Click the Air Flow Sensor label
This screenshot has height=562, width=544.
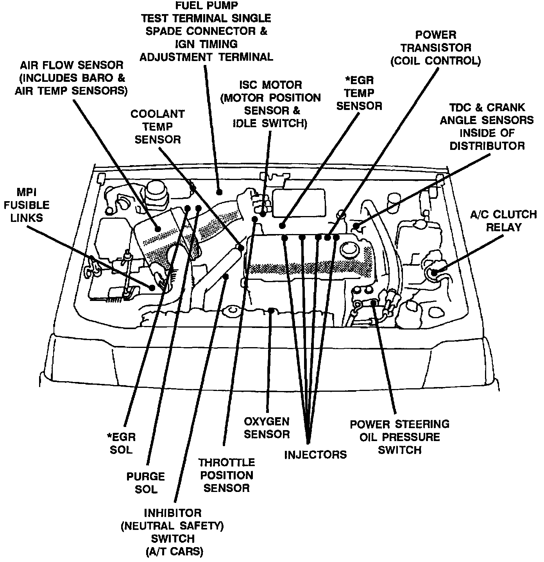pos(71,78)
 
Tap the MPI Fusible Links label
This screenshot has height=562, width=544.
pos(27,205)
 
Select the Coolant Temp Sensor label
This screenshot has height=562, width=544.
pos(157,127)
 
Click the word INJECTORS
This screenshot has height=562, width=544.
pos(315,454)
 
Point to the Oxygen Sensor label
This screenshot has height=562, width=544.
pos(267,428)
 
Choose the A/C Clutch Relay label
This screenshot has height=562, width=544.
pos(503,221)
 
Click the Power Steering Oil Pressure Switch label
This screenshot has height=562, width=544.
pos(399,437)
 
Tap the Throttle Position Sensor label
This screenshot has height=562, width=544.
pos(226,475)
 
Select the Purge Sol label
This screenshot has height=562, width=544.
pos(146,483)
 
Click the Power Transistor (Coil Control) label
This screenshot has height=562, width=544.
pos(435,48)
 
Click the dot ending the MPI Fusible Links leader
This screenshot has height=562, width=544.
pos(152,288)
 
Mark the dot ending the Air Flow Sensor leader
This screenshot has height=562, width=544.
pos(157,229)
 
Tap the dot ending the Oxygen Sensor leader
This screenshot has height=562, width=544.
pos(271,310)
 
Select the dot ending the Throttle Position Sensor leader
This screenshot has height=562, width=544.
pos(226,276)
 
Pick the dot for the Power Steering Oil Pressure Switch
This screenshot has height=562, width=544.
pos(374,303)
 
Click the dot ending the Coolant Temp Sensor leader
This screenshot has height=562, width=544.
pos(241,248)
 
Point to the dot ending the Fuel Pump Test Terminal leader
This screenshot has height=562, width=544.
pos(219,192)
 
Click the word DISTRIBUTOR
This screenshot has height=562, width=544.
pos(487,146)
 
